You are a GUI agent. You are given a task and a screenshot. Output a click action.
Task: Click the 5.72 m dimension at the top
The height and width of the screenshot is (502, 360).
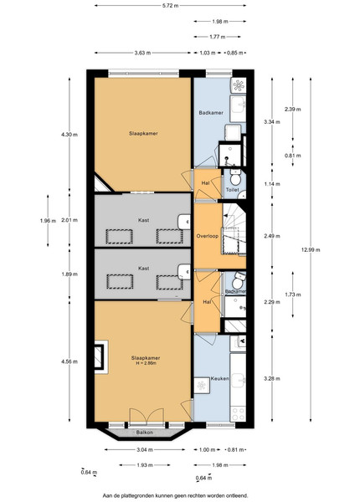coord(171,6)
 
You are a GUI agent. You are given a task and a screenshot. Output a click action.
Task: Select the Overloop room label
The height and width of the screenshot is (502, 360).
coord(208,236)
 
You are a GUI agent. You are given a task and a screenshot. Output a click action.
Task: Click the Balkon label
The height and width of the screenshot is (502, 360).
coord(145,433)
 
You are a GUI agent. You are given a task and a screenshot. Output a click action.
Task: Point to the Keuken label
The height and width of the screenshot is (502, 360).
coord(219,378)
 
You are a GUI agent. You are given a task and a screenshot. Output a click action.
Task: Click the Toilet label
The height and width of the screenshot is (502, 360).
coord(232,190)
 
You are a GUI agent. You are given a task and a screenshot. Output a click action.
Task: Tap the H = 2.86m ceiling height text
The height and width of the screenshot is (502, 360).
coord(146,363)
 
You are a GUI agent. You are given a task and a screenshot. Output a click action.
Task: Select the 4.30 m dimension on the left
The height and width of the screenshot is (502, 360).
coord(69,135)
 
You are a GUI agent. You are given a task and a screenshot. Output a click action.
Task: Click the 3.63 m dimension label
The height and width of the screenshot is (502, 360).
coord(142,53)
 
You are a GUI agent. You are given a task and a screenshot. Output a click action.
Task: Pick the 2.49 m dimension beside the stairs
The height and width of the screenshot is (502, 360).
coord(272,236)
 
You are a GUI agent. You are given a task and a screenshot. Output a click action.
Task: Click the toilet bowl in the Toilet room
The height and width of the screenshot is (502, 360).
coord(236,178)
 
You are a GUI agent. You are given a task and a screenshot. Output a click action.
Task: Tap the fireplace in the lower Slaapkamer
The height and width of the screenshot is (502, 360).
coord(101,357)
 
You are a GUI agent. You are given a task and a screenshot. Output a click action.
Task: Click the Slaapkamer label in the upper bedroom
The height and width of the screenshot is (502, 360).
coord(143,134)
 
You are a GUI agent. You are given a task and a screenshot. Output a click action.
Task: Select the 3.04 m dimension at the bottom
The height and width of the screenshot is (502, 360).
coord(145,449)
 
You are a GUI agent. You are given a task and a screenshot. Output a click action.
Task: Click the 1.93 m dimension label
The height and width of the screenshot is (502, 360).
coord(145,465)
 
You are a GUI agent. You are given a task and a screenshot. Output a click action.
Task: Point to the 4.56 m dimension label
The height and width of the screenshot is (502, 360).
coord(69,361)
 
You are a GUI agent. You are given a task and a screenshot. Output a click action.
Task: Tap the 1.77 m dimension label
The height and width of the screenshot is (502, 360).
coord(217,37)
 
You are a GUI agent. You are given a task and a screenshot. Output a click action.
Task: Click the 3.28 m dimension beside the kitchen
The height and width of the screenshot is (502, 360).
coord(272,378)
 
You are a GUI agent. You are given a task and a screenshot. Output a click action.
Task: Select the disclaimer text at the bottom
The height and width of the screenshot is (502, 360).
coord(175,495)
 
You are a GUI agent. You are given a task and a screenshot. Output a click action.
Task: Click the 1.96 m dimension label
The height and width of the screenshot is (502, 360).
coord(48,220)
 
